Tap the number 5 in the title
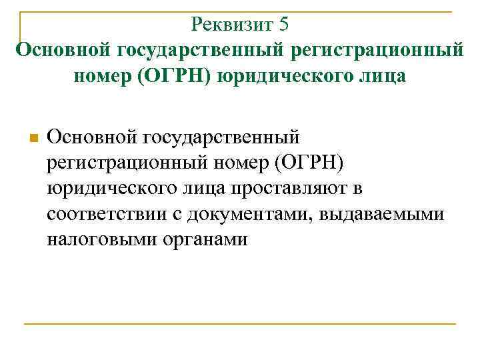(x=284, y=25)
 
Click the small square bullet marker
(x=33, y=139)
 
